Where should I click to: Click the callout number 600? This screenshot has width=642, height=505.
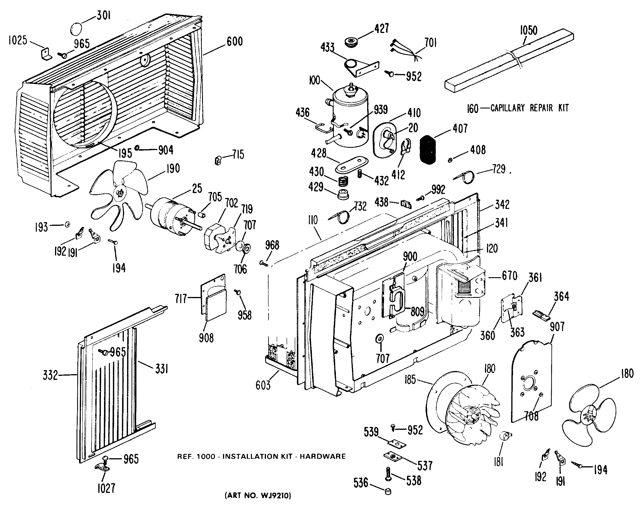click(x=234, y=41)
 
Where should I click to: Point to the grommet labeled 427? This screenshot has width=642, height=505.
click(x=351, y=41)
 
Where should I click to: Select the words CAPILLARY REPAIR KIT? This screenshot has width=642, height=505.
click(x=529, y=108)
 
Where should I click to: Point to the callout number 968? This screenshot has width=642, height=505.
click(x=272, y=245)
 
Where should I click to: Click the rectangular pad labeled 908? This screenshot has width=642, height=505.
click(x=216, y=308)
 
